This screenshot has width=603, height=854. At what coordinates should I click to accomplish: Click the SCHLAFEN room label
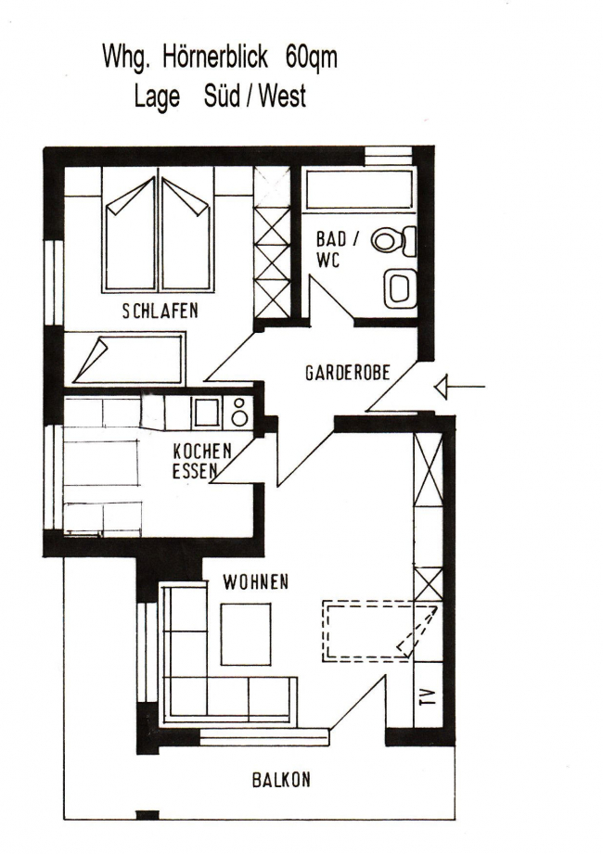coord(160,311)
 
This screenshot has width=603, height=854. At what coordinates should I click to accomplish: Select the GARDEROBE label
coord(348,373)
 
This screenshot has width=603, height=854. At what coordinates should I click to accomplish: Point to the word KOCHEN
coord(202,451)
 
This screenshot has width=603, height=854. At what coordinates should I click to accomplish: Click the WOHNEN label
coord(255,582)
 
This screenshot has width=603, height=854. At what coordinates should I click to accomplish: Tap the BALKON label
coord(281,780)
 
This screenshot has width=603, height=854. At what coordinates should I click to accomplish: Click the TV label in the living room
coord(429,696)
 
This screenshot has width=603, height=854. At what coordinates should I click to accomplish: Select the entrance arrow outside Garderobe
coord(459,387)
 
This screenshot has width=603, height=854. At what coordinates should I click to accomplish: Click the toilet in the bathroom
coord(394,241)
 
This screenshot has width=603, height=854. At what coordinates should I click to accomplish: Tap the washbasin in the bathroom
coord(400,288)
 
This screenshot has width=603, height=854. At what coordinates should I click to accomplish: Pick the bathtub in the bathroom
coord(359,190)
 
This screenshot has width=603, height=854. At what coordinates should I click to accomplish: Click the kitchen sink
coord(207,413)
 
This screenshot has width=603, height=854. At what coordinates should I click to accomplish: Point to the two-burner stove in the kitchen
coord(238,413)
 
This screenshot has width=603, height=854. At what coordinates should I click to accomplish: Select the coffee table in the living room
coord(246,634)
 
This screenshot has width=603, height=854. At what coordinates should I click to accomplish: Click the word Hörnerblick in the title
coord(215,57)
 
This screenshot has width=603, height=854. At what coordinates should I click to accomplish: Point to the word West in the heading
coord(282,96)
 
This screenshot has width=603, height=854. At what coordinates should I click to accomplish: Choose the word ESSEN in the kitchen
coord(195,471)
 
